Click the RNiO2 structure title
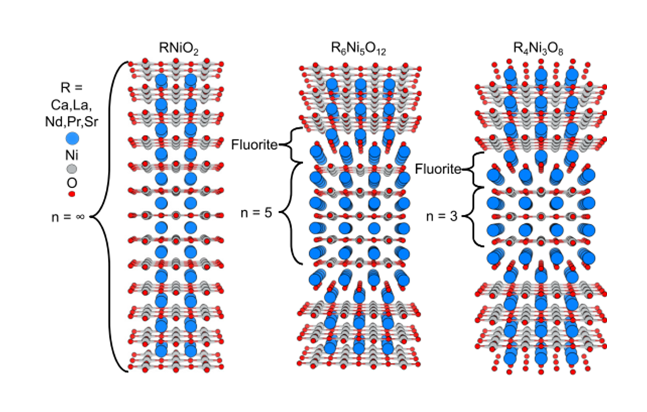coord(179,48)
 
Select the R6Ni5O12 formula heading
coord(358,49)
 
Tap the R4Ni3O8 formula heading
coord(538,49)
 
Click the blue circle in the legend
coord(72,139)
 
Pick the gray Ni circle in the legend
coord(72,169)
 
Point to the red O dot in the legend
coord(72,194)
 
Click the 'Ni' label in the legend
coord(72,155)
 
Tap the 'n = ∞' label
coord(68,217)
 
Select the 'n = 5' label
coord(256,213)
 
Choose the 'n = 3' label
coord(442,216)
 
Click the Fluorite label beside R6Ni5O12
coord(254,145)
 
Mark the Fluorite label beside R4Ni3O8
coord(438,169)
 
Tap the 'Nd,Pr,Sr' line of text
coord(72,122)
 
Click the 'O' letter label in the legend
coord(72,183)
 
